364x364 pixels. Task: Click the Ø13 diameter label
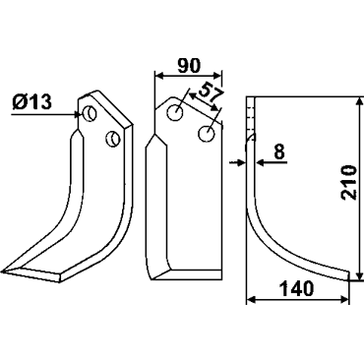click(32, 101)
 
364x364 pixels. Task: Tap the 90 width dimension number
click(189, 66)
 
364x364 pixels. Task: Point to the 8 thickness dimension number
click(279, 152)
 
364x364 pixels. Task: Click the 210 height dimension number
click(348, 183)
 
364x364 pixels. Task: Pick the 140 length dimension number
click(297, 289)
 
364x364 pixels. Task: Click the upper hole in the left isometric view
click(89, 114)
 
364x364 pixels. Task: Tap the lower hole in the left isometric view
click(112, 139)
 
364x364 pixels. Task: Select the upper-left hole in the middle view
click(175, 113)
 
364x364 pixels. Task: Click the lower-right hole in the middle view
click(207, 134)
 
